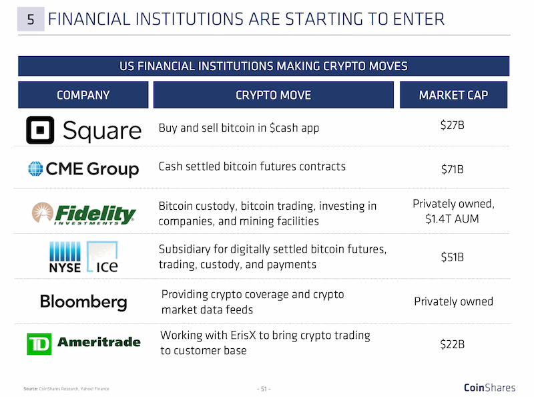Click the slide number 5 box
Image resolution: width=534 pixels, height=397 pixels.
tap(31, 19)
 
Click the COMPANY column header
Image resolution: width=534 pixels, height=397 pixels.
tap(83, 95)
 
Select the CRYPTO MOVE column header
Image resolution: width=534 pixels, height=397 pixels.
tap(274, 95)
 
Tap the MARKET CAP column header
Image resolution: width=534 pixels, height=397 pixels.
tap(453, 95)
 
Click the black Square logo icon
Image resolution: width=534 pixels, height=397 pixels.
tap(40, 130)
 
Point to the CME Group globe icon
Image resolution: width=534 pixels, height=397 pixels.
tap(35, 168)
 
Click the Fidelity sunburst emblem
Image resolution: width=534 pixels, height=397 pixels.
tap(43, 212)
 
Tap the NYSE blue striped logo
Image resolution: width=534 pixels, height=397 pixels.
tap(65, 257)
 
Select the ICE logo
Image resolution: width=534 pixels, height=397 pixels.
tap(102, 257)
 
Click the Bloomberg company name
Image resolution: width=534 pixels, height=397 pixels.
tap(83, 302)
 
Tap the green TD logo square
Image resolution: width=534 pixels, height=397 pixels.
tap(39, 344)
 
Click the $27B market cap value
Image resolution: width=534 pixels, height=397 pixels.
tap(453, 125)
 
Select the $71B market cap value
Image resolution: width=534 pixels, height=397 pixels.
tap(453, 169)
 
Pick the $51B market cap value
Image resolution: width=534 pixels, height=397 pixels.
tap(453, 257)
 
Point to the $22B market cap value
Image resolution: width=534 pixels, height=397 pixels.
tap(453, 344)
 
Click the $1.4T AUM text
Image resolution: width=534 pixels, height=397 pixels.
tap(453, 219)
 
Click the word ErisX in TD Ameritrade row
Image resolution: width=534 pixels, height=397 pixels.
tap(243, 336)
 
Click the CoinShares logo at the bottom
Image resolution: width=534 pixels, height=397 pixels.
tap(490, 388)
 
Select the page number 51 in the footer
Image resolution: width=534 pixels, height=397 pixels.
tap(264, 389)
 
